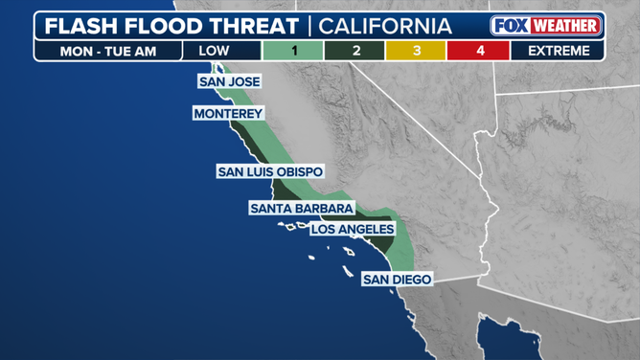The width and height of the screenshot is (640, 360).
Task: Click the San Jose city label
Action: click(229, 82)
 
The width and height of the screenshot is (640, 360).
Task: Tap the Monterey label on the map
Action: click(228, 114)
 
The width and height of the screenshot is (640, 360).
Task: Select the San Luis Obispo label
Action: click(270, 172)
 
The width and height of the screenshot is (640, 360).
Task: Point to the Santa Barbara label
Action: click(303, 208)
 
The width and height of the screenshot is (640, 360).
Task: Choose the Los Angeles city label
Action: click(353, 230)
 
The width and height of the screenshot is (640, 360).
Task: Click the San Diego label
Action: click(398, 280)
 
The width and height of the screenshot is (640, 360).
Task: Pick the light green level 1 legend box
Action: click(293, 50)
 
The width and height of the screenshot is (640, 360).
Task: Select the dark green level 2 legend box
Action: click(355, 50)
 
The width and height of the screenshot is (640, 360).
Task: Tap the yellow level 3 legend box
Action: click(417, 50)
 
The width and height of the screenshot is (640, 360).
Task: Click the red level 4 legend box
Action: click(478, 50)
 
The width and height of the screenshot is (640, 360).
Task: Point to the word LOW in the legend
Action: click(214, 50)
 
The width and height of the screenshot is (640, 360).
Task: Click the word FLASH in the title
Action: click(82, 25)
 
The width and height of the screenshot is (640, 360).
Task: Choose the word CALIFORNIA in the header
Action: click(385, 25)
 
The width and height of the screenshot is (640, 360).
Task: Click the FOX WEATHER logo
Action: click(546, 25)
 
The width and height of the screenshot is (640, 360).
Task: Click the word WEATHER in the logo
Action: click(565, 25)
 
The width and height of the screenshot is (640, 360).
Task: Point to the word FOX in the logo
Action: click(510, 25)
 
